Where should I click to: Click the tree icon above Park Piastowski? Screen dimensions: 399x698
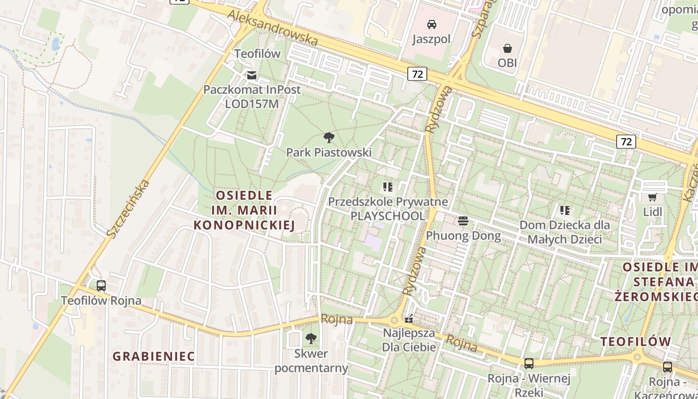329,138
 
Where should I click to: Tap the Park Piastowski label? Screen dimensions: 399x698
329,152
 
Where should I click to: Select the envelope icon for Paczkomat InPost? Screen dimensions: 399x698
252,75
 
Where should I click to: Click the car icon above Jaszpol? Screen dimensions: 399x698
432,24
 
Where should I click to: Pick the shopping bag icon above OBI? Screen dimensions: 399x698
507,48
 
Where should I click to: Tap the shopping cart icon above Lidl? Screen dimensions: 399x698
652,198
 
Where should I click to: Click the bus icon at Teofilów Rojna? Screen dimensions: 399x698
101,286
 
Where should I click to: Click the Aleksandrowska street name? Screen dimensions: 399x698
273,27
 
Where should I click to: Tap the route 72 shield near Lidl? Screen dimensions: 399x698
626,142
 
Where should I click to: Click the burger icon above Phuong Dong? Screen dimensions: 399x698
463,221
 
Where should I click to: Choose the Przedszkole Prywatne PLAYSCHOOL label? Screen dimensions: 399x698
388,209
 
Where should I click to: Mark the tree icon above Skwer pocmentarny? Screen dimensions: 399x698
311,339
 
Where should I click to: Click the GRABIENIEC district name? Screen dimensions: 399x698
154,356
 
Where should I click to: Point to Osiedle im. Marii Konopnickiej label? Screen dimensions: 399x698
244,210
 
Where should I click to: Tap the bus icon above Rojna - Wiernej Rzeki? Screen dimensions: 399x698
528,364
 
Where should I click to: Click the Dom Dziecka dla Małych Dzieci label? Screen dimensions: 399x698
564,232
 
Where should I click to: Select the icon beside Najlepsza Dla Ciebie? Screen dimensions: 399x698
409,319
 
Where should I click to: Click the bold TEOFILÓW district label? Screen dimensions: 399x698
636,342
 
